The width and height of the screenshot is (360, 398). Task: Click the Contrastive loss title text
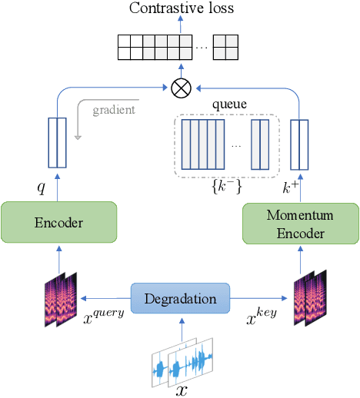[x=182, y=9]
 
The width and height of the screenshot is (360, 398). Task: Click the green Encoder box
[x=58, y=223]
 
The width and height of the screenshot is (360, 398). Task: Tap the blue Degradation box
[x=180, y=299]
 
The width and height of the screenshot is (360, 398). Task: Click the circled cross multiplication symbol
[x=181, y=88]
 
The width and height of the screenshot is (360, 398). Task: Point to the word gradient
[x=113, y=110]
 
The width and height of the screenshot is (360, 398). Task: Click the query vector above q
[x=58, y=142]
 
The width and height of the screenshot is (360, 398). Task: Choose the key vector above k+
[x=298, y=144]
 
